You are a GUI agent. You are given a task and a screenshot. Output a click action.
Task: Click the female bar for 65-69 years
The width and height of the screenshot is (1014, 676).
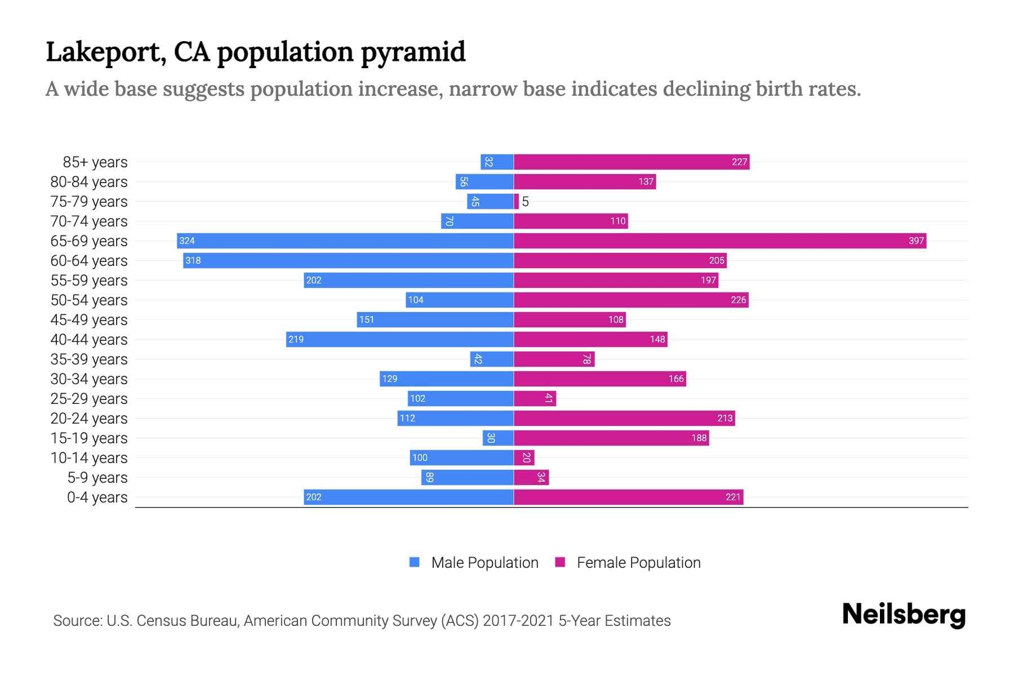[x=720, y=241]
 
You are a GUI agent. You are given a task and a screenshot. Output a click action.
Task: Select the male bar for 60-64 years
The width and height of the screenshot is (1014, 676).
[x=348, y=261]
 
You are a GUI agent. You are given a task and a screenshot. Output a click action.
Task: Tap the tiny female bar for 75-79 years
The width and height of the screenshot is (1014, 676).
[x=517, y=202]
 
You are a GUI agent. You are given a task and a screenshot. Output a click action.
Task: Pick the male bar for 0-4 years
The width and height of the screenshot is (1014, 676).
[x=408, y=497]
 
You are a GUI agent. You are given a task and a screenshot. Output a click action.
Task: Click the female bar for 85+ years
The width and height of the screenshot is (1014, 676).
[x=631, y=162]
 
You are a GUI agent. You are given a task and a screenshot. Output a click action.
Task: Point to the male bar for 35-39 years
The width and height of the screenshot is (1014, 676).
[x=492, y=359]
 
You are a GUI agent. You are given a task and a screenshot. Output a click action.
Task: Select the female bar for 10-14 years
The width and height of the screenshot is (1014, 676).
[x=524, y=458]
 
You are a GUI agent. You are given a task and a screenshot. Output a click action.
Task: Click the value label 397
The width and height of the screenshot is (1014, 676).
[x=916, y=241]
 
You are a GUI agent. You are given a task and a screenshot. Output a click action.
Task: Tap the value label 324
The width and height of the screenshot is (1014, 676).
[x=187, y=241]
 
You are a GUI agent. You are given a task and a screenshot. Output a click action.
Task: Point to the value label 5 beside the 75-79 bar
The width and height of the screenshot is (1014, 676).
[x=526, y=202]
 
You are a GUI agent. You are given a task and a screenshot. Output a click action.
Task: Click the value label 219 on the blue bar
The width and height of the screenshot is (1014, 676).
[x=296, y=340]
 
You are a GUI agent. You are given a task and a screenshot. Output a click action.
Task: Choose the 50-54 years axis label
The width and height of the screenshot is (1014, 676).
[x=89, y=300]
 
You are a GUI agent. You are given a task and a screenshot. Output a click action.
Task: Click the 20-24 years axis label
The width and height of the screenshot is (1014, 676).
[x=89, y=419]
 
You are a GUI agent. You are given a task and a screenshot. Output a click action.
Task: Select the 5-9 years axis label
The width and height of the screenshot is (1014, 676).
[x=97, y=478]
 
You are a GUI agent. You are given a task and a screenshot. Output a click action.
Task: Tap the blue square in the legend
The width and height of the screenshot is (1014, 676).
[x=415, y=562]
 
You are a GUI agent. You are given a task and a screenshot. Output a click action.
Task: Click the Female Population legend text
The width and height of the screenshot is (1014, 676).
[x=638, y=563]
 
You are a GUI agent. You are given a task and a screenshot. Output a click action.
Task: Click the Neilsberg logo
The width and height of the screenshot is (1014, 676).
[x=904, y=615]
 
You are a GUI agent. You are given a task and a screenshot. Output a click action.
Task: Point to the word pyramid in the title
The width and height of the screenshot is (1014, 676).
[x=413, y=52]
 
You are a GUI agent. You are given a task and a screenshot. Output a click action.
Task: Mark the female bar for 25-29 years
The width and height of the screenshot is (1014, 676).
[x=535, y=399]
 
